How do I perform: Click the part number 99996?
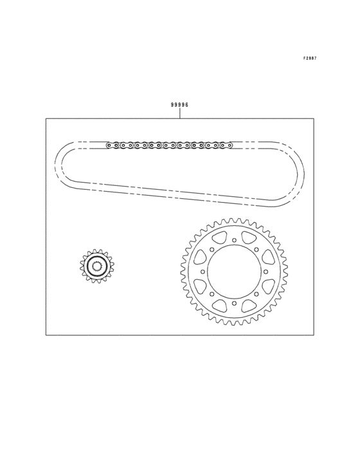click(179, 105)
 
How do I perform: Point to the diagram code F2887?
click(310, 59)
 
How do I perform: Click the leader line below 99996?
click(180, 113)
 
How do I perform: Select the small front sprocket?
click(96, 266)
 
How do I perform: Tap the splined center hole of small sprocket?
click(96, 266)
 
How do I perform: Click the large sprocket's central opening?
click(234, 272)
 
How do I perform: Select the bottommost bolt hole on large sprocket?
click(234, 304)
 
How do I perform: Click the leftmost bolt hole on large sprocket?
click(203, 272)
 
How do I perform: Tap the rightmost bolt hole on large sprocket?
click(265, 272)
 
